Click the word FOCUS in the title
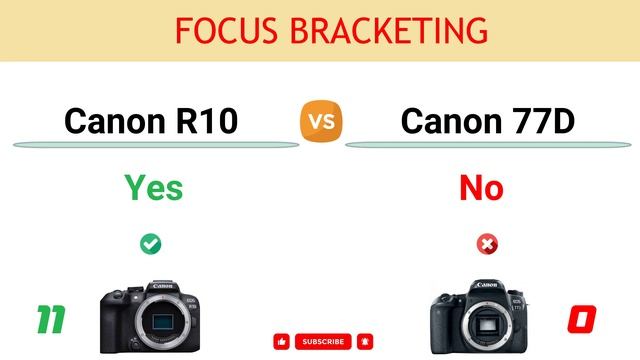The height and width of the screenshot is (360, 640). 216,30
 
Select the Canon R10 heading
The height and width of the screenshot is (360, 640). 151,121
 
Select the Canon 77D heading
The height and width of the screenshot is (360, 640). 487,121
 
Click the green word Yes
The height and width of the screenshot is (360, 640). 153,187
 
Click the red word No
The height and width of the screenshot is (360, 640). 481,187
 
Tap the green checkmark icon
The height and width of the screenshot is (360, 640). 151,243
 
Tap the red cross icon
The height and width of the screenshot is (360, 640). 488,243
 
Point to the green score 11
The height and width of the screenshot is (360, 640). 51,320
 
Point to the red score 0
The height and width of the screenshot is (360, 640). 581,320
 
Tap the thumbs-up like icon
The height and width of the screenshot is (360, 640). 281,342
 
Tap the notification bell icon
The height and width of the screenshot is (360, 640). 365,342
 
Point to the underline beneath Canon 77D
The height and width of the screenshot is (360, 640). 490,145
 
